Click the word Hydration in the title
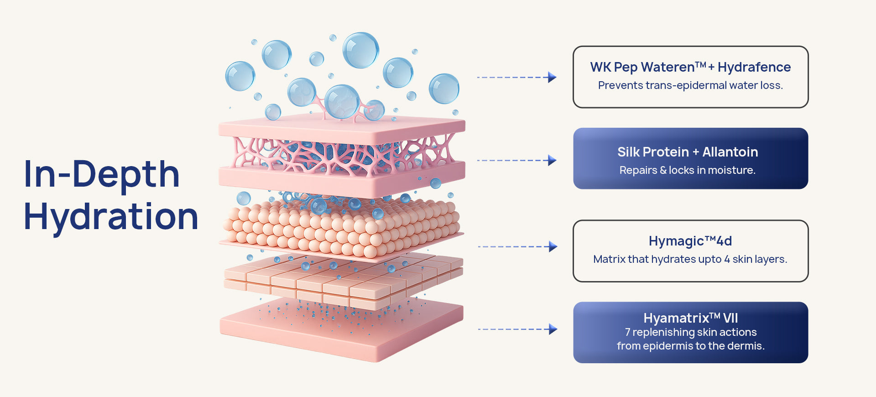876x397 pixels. (111, 217)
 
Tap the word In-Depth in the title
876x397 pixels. (102, 174)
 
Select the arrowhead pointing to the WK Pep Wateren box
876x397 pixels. (552, 77)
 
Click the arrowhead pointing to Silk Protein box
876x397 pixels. (552, 160)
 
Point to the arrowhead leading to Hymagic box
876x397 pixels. (553, 246)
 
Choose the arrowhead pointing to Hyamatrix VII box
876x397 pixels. (553, 329)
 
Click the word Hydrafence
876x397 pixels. (754, 68)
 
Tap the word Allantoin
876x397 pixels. (730, 152)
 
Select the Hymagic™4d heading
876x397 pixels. (690, 241)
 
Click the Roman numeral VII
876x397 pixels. (730, 318)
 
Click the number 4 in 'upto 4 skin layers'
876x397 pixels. (727, 259)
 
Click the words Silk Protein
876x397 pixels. (653, 152)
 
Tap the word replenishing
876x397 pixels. (662, 332)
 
